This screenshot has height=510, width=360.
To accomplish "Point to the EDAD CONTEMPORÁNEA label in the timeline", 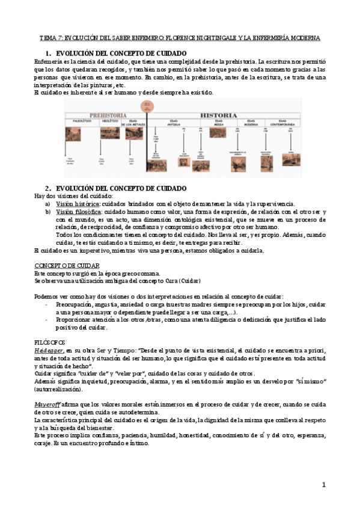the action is (x=279, y=123).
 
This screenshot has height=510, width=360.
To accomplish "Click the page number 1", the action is (x=323, y=485).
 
